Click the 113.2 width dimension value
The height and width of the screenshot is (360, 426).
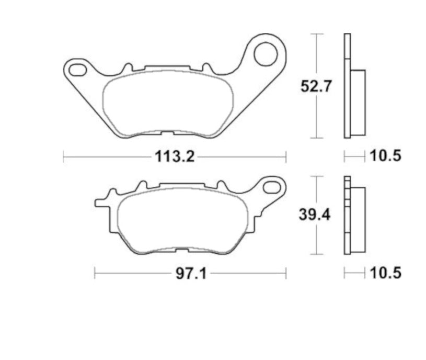(174, 156)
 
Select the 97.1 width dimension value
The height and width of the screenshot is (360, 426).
(189, 273)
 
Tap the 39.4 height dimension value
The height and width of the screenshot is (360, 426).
(316, 216)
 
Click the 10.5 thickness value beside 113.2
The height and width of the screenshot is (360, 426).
(385, 156)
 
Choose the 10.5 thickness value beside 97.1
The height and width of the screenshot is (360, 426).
(385, 273)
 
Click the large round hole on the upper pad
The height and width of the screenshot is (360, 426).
(266, 53)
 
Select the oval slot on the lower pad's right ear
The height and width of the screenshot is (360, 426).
(272, 186)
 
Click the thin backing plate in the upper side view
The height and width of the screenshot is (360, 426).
(347, 86)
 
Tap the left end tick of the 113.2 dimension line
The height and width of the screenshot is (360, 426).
(63, 156)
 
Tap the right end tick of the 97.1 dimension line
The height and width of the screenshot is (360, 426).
(286, 273)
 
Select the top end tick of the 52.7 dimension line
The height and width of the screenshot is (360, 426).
(316, 34)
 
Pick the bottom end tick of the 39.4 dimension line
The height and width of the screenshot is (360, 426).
(316, 255)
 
